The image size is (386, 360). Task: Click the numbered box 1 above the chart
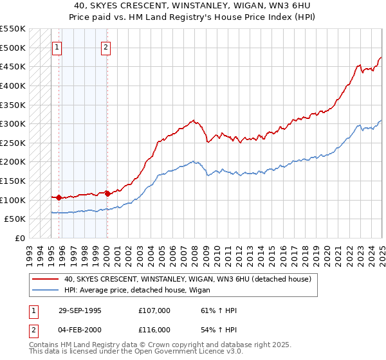tap(57, 46)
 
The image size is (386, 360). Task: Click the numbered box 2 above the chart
tap(106, 46)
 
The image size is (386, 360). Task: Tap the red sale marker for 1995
tap(59, 197)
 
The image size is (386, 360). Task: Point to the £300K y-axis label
tap(14, 123)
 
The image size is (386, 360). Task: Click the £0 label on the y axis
tap(21, 238)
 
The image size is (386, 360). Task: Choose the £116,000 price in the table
tap(154, 329)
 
